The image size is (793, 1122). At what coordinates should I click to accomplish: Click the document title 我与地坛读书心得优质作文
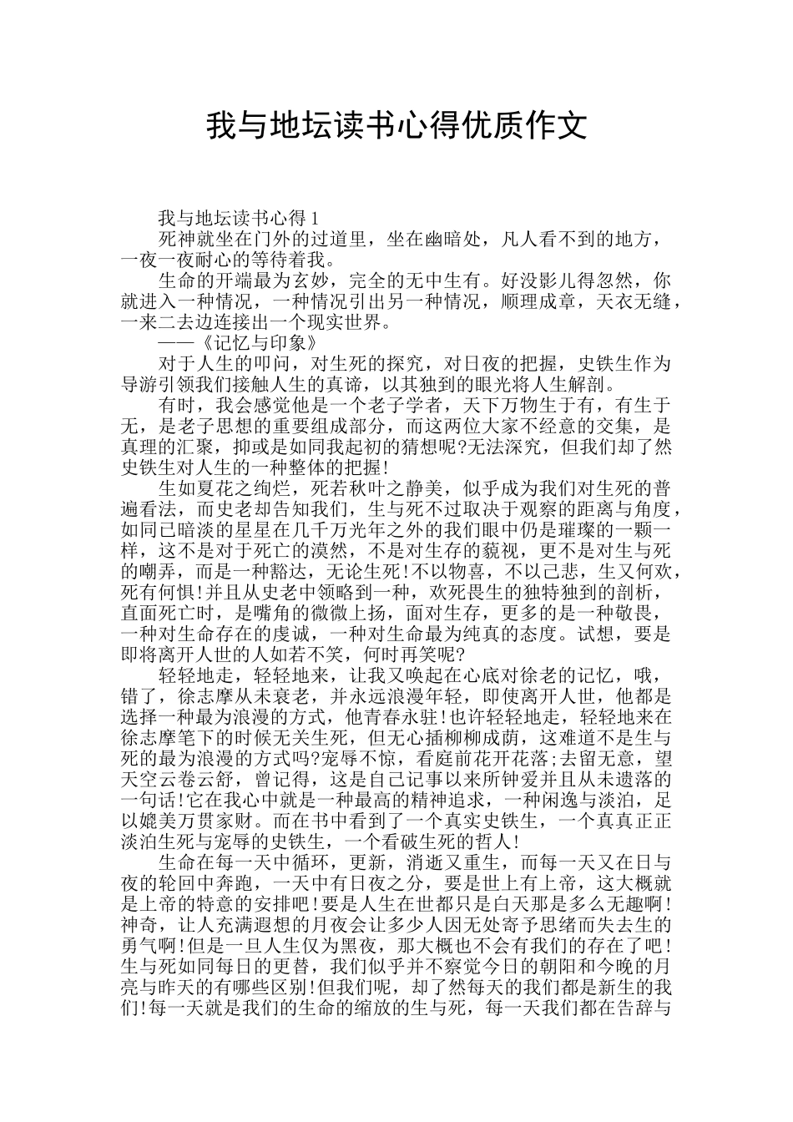click(x=396, y=126)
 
